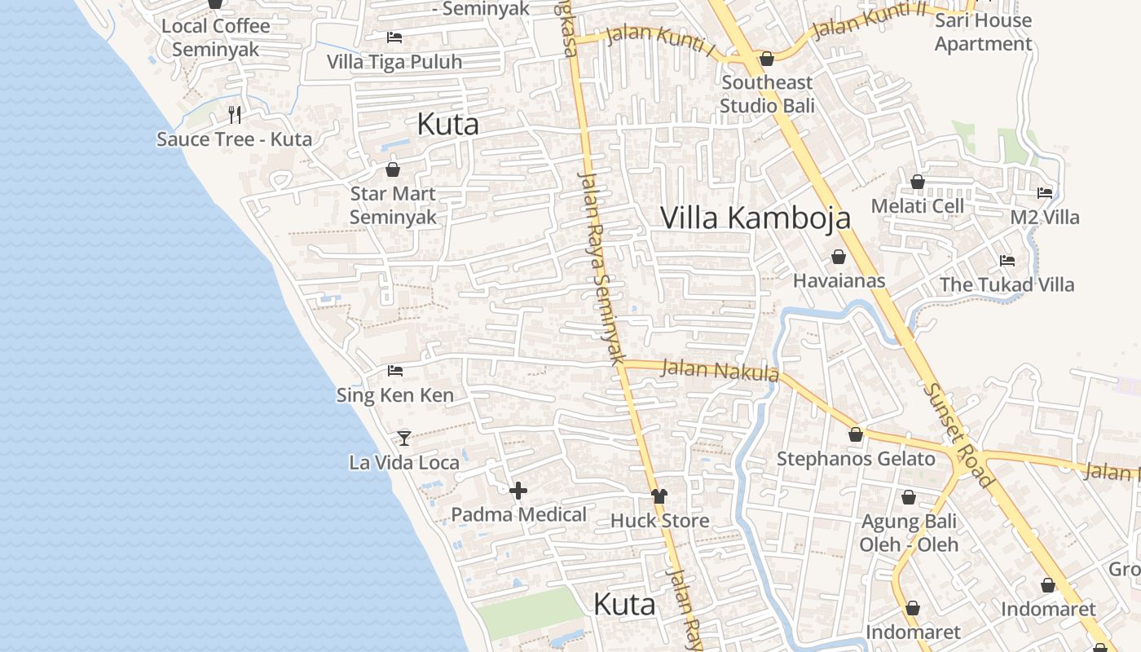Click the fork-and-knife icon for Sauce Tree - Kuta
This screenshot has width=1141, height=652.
click(x=235, y=115)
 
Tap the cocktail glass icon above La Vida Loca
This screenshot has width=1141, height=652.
click(x=403, y=438)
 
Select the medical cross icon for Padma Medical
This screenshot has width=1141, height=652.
click(x=518, y=491)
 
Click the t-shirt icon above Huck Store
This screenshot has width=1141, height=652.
click(x=659, y=496)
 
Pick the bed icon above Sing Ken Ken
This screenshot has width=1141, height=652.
click(x=395, y=371)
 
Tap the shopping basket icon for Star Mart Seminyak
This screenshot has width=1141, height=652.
click(x=393, y=170)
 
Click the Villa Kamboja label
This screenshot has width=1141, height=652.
click(x=755, y=218)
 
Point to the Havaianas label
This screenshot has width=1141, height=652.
click(x=839, y=280)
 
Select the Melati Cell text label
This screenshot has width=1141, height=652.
click(x=917, y=206)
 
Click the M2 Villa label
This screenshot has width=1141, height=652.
click(x=1044, y=218)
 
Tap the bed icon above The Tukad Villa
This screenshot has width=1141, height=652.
click(x=1007, y=261)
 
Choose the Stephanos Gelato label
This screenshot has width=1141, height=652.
click(x=856, y=459)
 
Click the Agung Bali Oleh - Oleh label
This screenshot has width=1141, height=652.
click(x=909, y=532)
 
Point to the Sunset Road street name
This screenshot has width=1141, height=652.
click(x=958, y=435)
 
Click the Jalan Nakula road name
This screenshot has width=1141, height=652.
click(x=720, y=371)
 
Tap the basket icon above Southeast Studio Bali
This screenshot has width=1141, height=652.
click(x=766, y=59)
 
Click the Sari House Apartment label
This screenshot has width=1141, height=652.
click(x=983, y=32)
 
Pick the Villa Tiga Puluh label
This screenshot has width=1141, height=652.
click(x=394, y=62)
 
